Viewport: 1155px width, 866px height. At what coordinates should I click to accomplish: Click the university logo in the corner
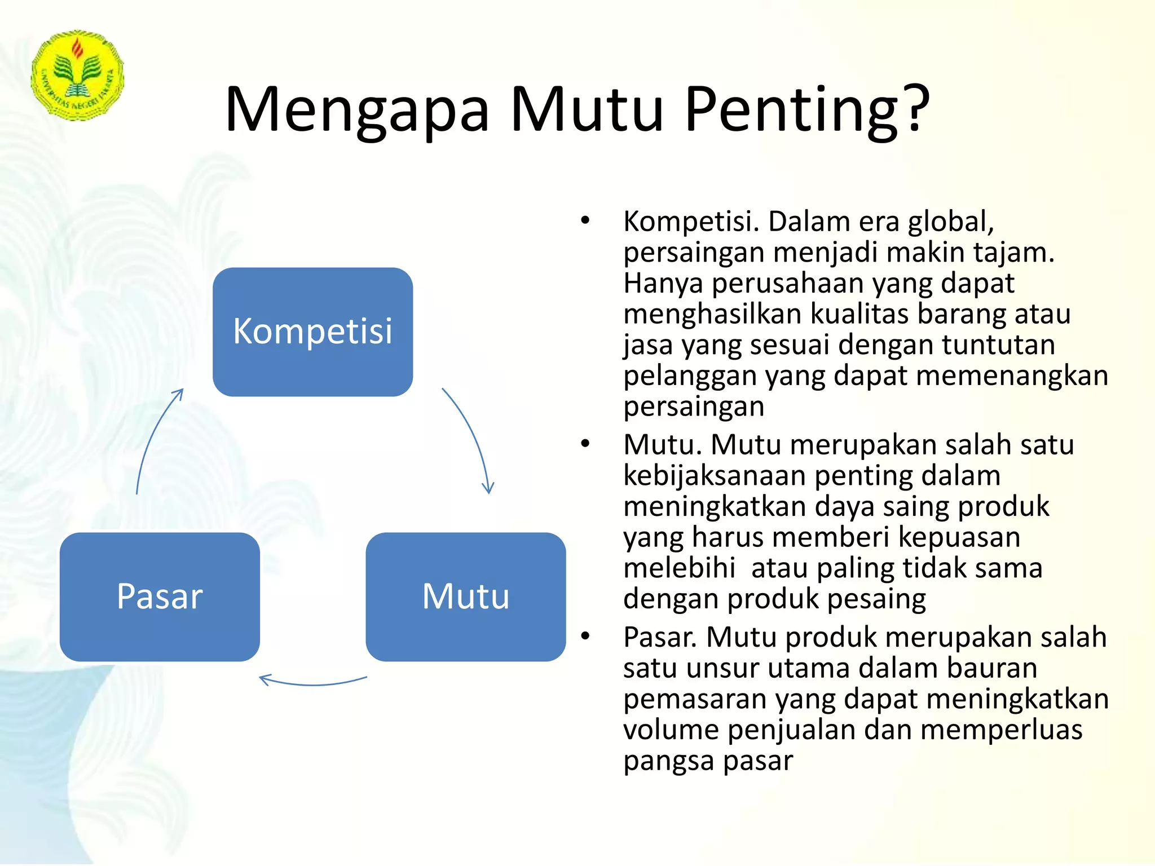(x=77, y=75)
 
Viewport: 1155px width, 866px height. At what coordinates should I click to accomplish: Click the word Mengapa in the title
(x=357, y=110)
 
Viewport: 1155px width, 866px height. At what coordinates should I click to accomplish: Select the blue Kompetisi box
(x=312, y=332)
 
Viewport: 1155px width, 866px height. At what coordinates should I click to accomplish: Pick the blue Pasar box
(x=160, y=597)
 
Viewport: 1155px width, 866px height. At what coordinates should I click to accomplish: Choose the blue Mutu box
(x=465, y=597)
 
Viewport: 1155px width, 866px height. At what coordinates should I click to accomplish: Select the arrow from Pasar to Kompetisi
(x=155, y=440)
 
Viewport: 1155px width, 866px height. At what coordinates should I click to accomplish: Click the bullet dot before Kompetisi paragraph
(x=585, y=220)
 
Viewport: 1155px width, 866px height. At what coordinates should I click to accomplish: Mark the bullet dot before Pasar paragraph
(x=585, y=636)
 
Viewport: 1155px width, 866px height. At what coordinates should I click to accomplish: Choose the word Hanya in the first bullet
(x=663, y=284)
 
